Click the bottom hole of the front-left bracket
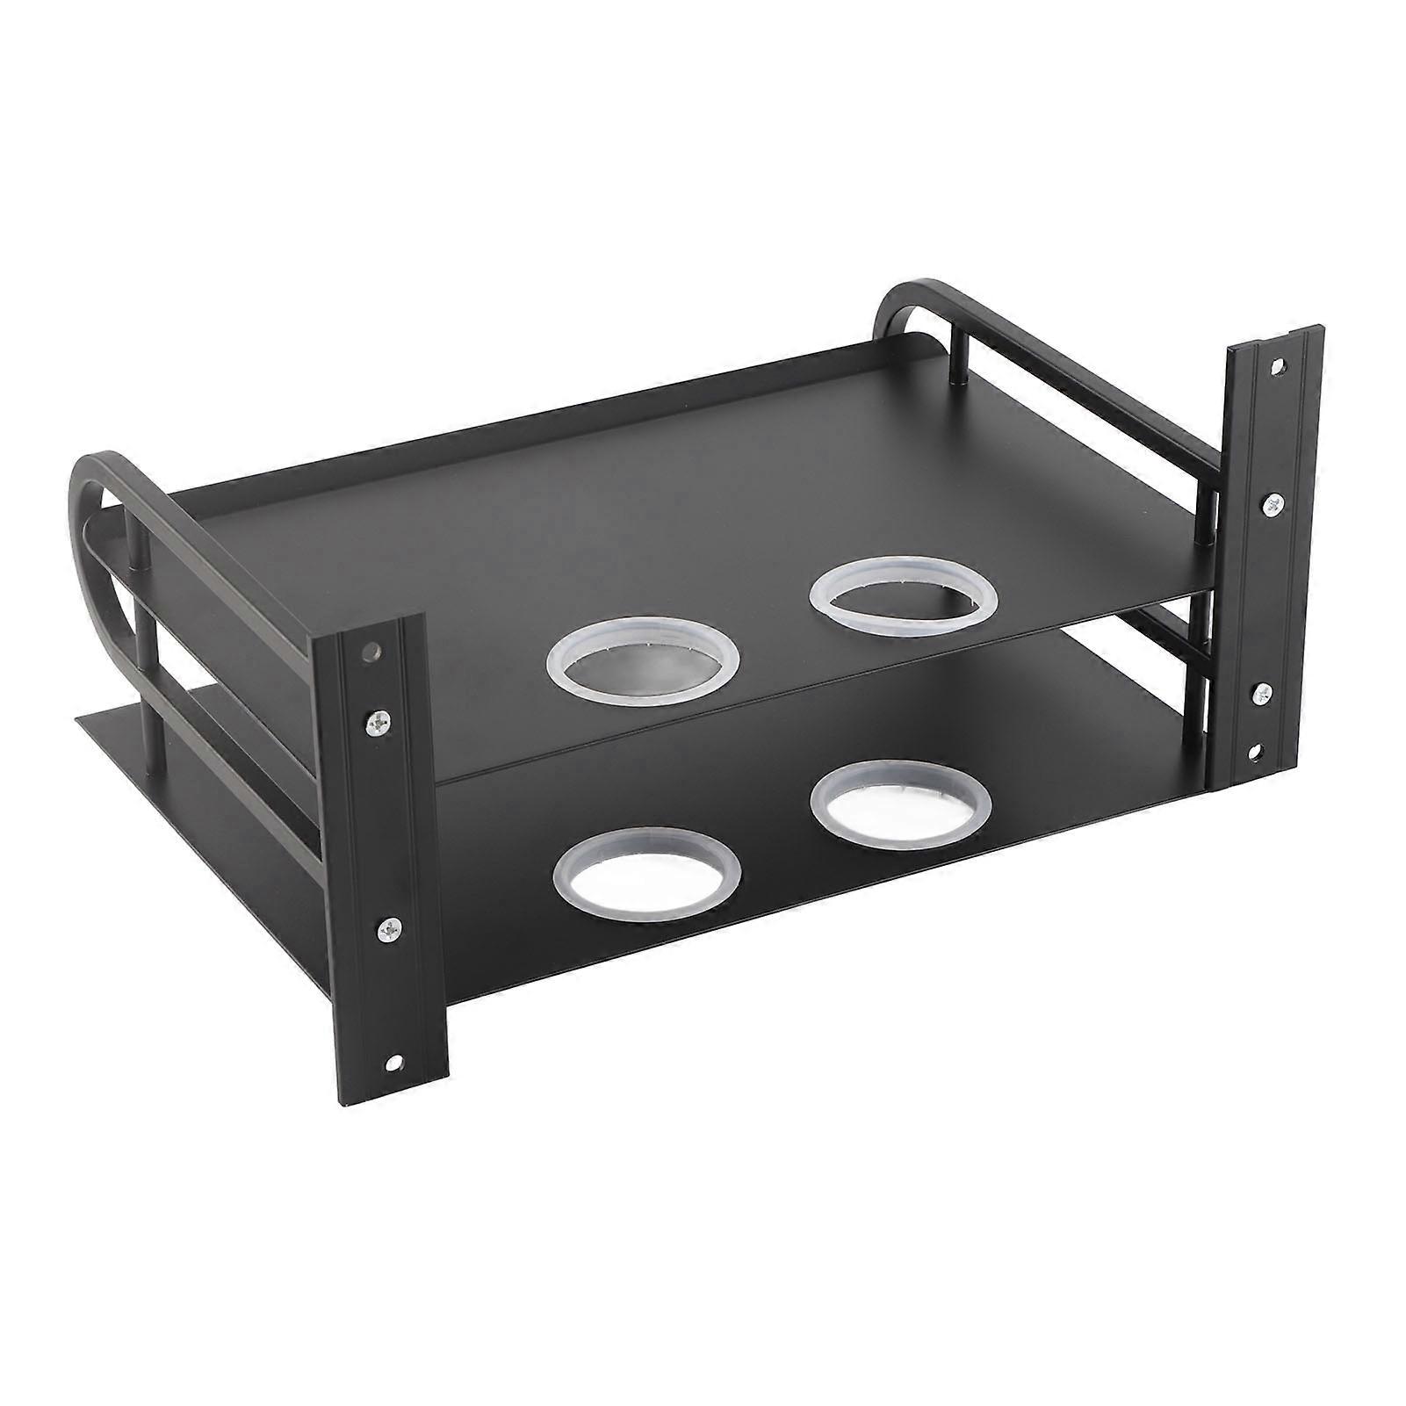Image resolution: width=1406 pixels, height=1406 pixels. (x=392, y=1063)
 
